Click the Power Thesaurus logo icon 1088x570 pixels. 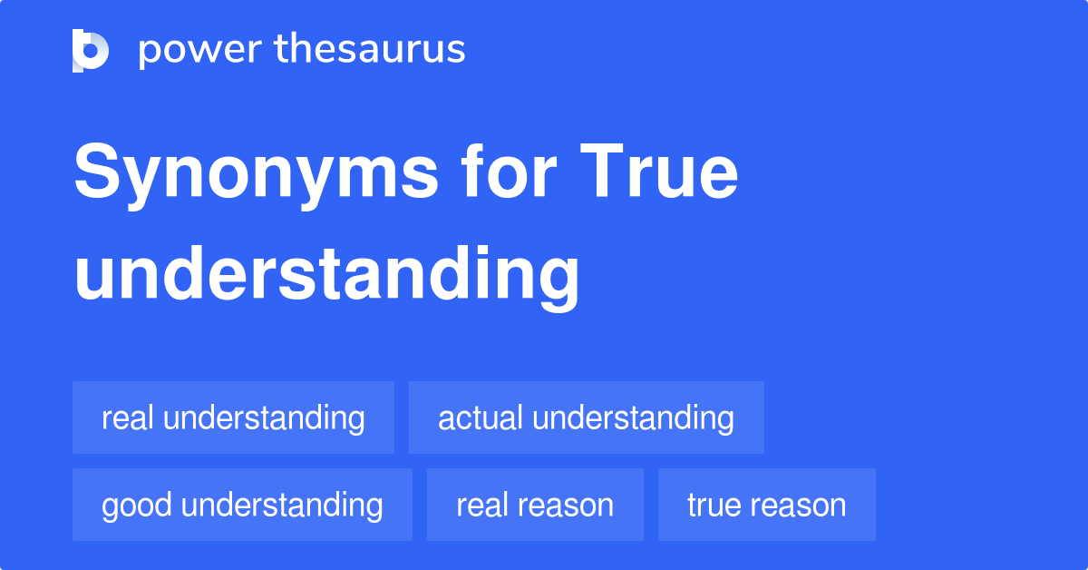pyautogui.click(x=91, y=50)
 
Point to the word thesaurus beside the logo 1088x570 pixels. pyautogui.click(x=372, y=50)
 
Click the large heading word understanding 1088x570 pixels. pyautogui.click(x=326, y=274)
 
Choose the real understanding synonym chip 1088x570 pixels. pyautogui.click(x=233, y=418)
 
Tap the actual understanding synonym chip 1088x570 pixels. pyautogui.click(x=586, y=418)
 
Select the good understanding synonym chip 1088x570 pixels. pyautogui.click(x=242, y=506)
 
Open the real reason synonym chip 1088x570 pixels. pyautogui.click(x=535, y=506)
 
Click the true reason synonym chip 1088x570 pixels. pyautogui.click(x=766, y=506)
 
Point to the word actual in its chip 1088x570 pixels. pyautogui.click(x=481, y=418)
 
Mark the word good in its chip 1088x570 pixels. pyautogui.click(x=136, y=506)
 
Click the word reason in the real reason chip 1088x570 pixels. pyautogui.click(x=568, y=506)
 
